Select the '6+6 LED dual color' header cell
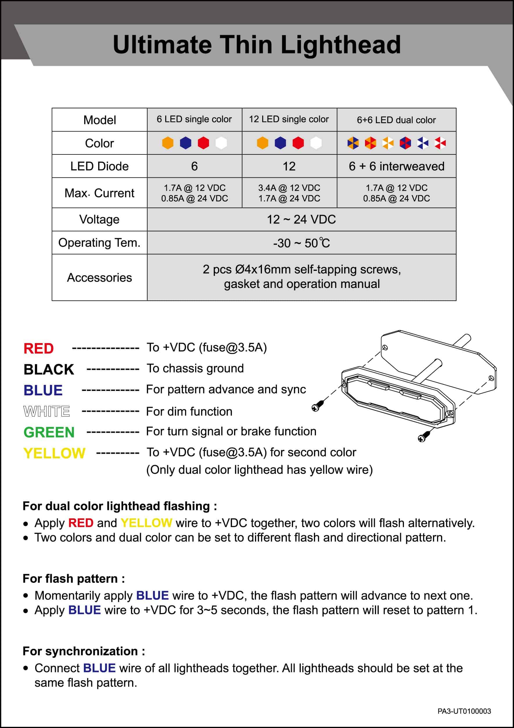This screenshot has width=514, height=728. (x=396, y=120)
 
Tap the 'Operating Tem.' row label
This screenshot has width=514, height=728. (x=99, y=243)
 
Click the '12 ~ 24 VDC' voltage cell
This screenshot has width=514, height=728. (x=301, y=219)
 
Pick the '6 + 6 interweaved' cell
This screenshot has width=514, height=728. (x=396, y=166)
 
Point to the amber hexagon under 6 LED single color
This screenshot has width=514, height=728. (x=168, y=143)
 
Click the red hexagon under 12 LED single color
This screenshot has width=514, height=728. (x=298, y=143)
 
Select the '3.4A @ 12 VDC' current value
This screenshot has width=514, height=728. (x=289, y=188)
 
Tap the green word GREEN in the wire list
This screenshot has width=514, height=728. (x=49, y=432)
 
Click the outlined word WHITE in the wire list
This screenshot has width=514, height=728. (x=47, y=411)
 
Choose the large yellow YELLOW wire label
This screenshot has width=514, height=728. (x=54, y=453)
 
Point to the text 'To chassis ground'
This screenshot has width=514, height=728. (x=195, y=368)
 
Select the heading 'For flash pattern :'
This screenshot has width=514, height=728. (x=73, y=578)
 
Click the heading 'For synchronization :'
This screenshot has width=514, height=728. (x=84, y=651)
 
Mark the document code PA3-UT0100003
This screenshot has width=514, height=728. (x=464, y=711)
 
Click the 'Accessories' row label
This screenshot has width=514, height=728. (x=99, y=277)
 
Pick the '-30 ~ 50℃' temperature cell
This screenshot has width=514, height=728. (x=301, y=243)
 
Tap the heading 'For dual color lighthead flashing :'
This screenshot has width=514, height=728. (x=120, y=506)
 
